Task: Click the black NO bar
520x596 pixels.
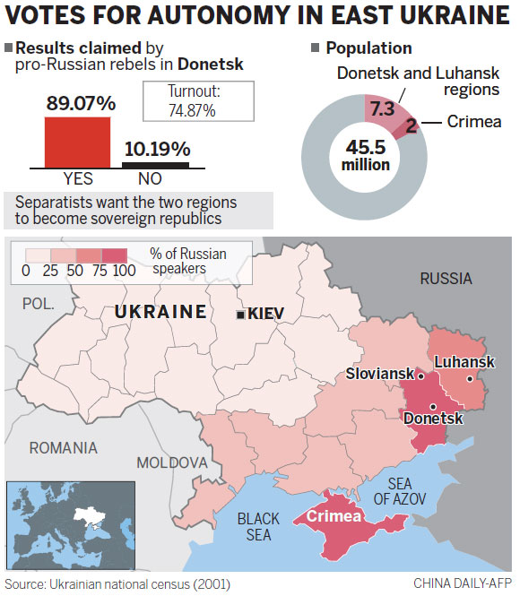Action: [x=155, y=165]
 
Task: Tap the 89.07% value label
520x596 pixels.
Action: [x=81, y=103]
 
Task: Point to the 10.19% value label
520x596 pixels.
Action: [x=156, y=149]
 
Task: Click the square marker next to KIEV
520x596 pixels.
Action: [x=239, y=315]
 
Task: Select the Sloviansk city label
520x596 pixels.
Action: [x=380, y=372]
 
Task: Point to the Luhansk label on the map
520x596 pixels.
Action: [x=464, y=361]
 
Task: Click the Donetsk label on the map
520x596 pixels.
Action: [x=433, y=419]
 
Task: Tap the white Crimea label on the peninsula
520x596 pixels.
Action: [x=334, y=516]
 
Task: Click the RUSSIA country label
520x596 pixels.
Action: [x=446, y=278]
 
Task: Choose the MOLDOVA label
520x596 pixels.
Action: [x=171, y=462]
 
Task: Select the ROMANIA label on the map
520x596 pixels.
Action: [x=64, y=447]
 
